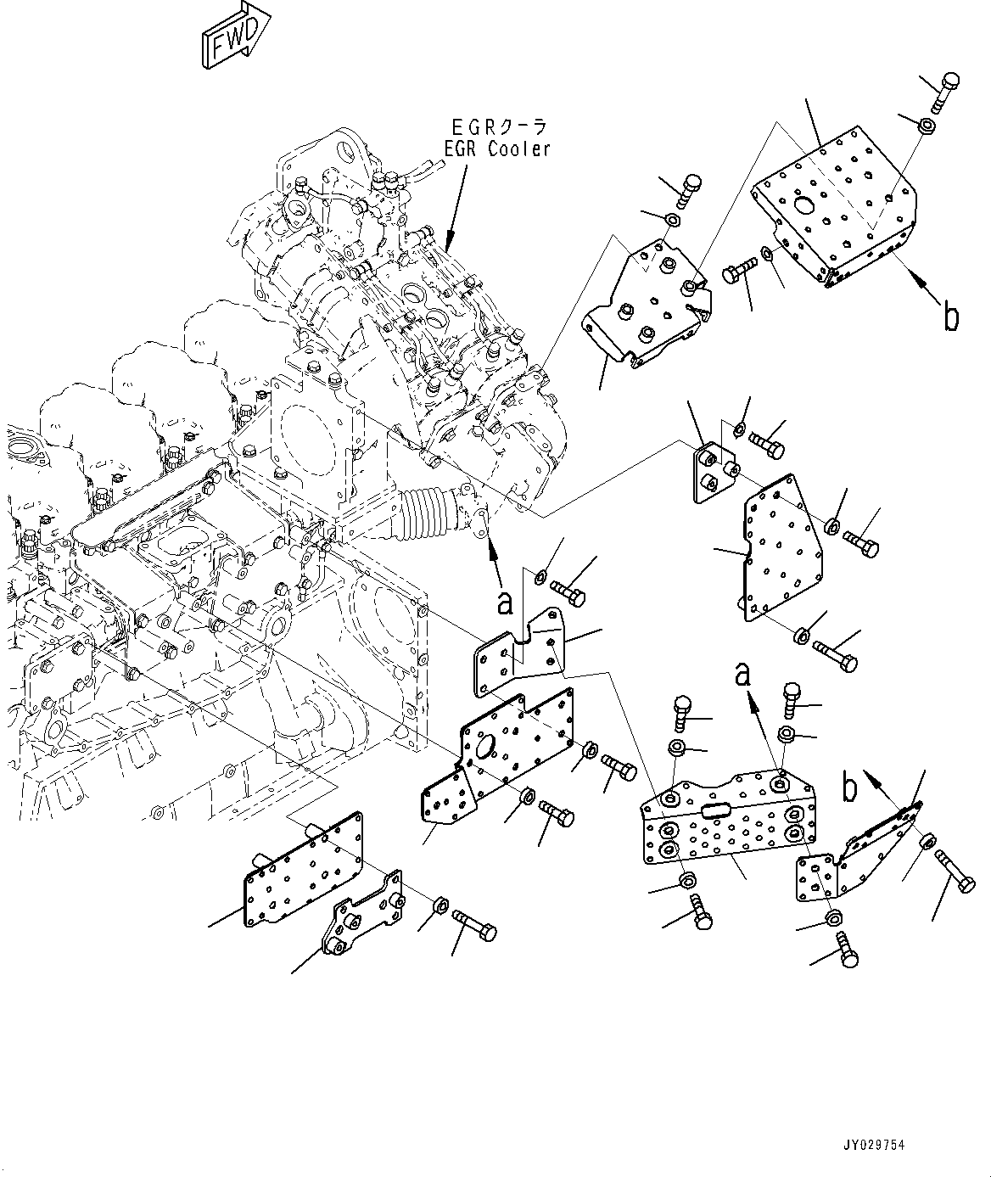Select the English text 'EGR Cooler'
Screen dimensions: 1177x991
pyautogui.click(x=497, y=150)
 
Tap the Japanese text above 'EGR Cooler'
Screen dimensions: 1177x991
pyautogui.click(x=497, y=127)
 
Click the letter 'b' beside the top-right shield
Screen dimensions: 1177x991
pyautogui.click(x=951, y=315)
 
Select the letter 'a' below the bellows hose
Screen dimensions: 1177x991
pyautogui.click(x=506, y=603)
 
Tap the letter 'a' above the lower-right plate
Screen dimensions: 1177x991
pyautogui.click(x=743, y=675)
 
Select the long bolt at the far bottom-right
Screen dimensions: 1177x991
pyautogui.click(x=955, y=871)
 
